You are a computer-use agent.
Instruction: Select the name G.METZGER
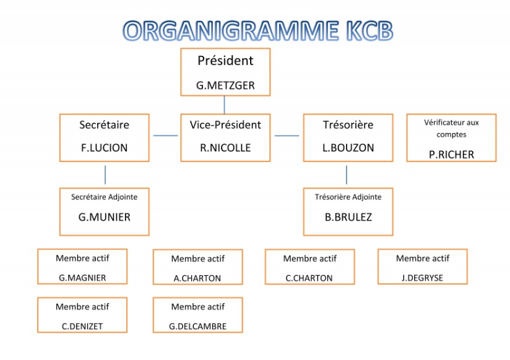[x=225, y=86]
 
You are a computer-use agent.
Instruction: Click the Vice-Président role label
[x=225, y=125]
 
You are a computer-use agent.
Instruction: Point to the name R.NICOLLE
[x=225, y=148]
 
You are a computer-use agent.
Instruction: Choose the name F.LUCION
[x=104, y=148]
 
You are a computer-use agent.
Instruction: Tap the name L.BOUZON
[x=348, y=148]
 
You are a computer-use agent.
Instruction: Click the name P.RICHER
[x=451, y=155]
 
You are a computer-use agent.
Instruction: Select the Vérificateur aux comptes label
[x=451, y=128]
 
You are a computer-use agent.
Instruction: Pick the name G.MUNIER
[x=104, y=217]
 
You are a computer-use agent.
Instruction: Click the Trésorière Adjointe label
[x=348, y=197]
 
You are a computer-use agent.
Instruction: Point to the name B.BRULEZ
[x=348, y=217]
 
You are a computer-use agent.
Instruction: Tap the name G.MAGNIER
[x=82, y=278]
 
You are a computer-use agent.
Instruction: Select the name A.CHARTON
[x=197, y=278]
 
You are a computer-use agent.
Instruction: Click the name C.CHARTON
[x=309, y=278]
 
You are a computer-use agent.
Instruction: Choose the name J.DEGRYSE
[x=423, y=278]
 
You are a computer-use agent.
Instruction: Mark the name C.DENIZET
[x=82, y=326]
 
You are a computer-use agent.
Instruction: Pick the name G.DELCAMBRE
[x=197, y=326]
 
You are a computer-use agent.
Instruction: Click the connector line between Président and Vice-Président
[x=225, y=105]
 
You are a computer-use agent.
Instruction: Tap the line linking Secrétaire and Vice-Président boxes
[x=165, y=135]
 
